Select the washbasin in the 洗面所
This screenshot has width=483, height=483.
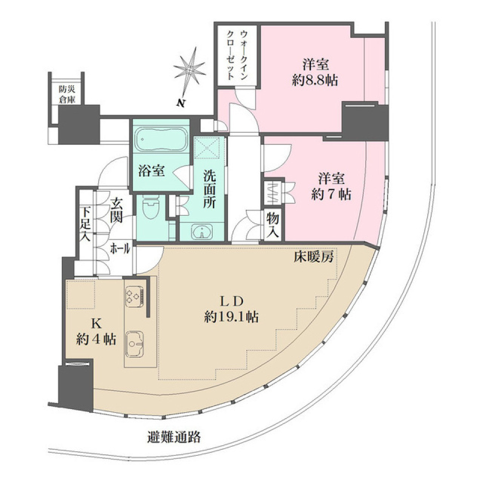202,232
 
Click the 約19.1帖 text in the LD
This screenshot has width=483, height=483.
231,316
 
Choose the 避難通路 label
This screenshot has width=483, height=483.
175,436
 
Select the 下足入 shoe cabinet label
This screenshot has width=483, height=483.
85,224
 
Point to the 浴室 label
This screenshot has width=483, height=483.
151,171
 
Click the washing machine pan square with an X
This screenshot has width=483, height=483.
209,148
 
